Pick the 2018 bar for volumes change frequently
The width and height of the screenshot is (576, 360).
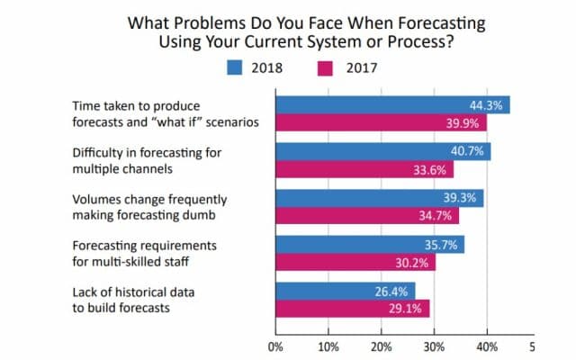point(379,198)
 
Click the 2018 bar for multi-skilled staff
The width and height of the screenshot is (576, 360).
point(369,245)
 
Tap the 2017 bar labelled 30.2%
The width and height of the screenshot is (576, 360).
point(355,262)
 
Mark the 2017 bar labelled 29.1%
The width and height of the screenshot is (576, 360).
point(352,309)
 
